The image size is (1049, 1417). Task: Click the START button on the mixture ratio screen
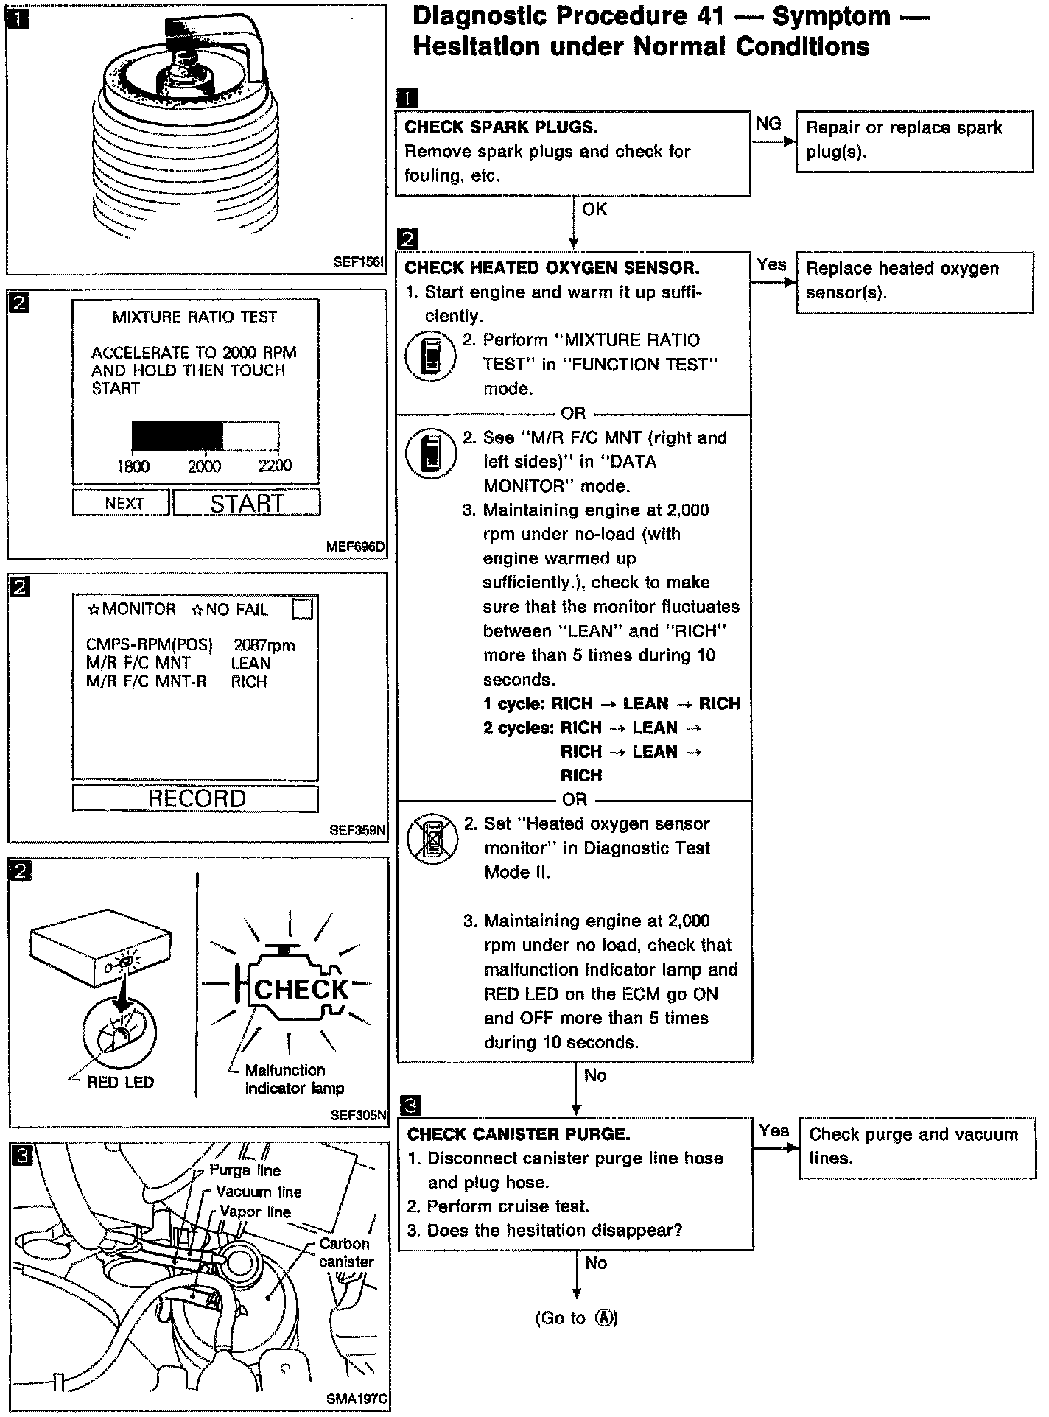tap(247, 503)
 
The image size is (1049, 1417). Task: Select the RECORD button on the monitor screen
tap(196, 798)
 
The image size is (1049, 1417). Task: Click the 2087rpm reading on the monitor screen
tap(264, 646)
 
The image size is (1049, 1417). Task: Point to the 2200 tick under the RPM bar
tap(275, 465)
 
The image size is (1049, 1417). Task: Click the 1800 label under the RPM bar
tap(133, 466)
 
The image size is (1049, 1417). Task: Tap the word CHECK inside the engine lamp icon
tap(301, 989)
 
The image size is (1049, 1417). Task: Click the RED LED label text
tap(120, 1082)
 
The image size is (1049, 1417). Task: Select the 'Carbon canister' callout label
tap(345, 1252)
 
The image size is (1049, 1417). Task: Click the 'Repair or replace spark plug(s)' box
tap(914, 141)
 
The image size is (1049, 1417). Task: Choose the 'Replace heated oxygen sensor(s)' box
tap(914, 281)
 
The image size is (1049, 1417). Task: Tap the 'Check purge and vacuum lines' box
tap(916, 1147)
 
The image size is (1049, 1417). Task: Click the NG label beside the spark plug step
tap(768, 124)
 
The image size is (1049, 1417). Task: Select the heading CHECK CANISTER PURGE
tap(519, 1134)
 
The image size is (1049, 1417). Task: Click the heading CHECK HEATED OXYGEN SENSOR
tap(552, 268)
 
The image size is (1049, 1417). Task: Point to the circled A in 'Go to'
tap(605, 1318)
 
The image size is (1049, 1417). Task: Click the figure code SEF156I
tap(359, 261)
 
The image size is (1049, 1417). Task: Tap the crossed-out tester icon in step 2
tap(432, 838)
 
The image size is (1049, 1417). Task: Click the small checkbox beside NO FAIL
tap(302, 609)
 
